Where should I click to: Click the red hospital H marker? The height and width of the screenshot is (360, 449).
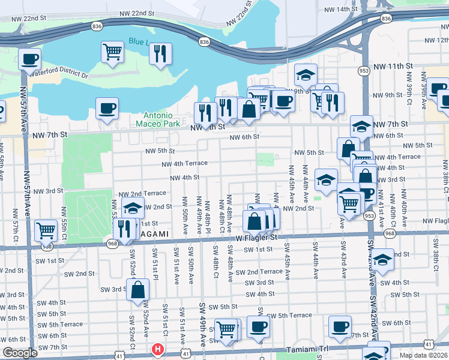pyautogui.click(x=157, y=349)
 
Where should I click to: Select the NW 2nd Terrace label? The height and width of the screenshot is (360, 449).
pyautogui.click(x=142, y=194)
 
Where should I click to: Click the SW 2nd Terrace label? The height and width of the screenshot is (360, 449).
pyautogui.click(x=259, y=272)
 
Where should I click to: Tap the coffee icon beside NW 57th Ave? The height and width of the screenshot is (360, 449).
pyautogui.click(x=29, y=59)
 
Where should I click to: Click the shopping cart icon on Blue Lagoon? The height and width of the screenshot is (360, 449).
pyautogui.click(x=112, y=52)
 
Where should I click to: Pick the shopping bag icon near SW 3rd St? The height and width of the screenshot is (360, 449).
pyautogui.click(x=137, y=289)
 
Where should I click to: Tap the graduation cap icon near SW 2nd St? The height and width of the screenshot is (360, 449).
pyautogui.click(x=383, y=259)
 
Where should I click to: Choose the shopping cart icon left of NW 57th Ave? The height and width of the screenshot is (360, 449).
pyautogui.click(x=46, y=229)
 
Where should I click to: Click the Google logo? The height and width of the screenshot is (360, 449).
pyautogui.click(x=19, y=353)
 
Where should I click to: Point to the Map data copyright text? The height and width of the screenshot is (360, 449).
pyautogui.click(x=424, y=355)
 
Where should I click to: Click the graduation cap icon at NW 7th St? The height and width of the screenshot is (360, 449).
pyautogui.click(x=361, y=126)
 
